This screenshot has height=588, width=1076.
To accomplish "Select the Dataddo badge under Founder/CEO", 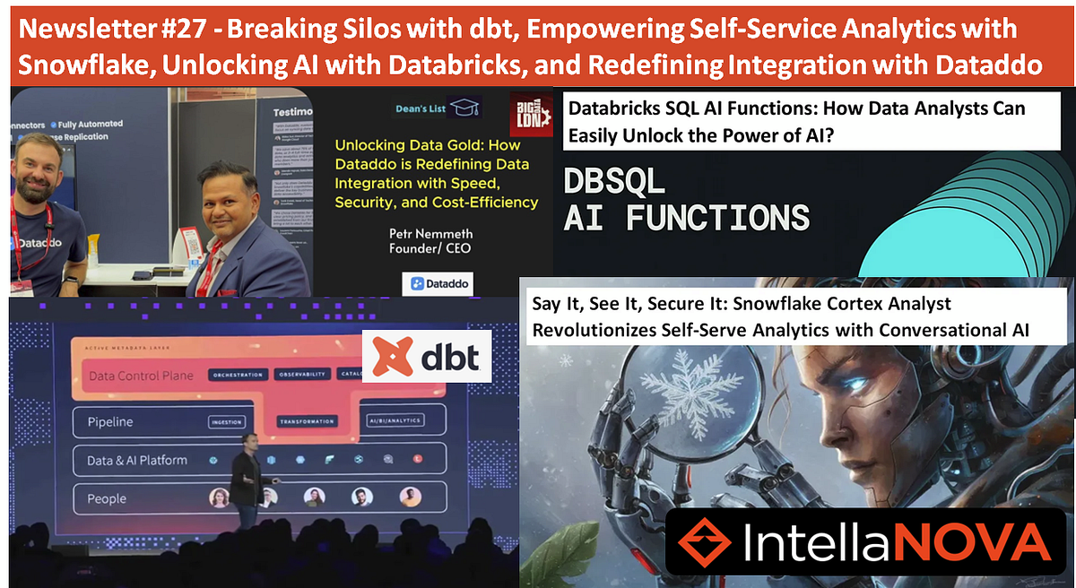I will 438,283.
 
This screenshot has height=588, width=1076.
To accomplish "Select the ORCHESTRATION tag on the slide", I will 238,375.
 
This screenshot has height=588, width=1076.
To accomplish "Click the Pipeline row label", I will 110,420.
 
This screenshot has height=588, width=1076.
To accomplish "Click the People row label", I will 107,498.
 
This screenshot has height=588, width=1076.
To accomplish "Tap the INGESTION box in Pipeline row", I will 226,420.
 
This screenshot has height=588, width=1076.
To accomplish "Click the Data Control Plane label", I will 141,376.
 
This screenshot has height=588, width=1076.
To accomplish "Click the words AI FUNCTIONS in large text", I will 687,217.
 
